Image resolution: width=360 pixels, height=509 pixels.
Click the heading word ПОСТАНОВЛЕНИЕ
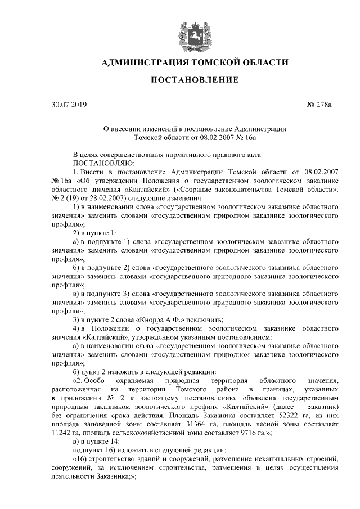(195, 80)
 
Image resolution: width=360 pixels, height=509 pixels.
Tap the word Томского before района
(194, 389)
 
